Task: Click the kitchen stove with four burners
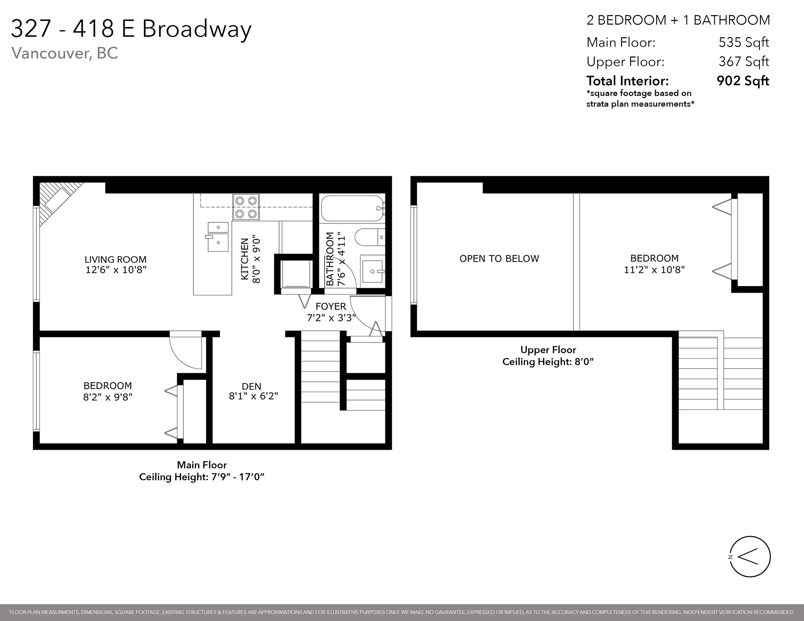pyautogui.click(x=246, y=207)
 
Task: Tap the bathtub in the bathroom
pyautogui.click(x=352, y=208)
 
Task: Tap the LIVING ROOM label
pyautogui.click(x=116, y=259)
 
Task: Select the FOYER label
pyautogui.click(x=331, y=306)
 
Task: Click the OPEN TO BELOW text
pyautogui.click(x=499, y=259)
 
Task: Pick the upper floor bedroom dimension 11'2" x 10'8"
pyautogui.click(x=654, y=270)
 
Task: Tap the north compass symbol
pyautogui.click(x=750, y=557)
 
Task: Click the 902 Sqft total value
pyautogui.click(x=743, y=81)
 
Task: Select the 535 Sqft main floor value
pyautogui.click(x=744, y=42)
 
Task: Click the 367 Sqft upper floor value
pyautogui.click(x=744, y=61)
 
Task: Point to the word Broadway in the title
pyautogui.click(x=197, y=29)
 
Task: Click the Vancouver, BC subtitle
pyautogui.click(x=65, y=53)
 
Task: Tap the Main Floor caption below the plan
pyautogui.click(x=202, y=465)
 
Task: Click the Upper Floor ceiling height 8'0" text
pyautogui.click(x=548, y=362)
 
